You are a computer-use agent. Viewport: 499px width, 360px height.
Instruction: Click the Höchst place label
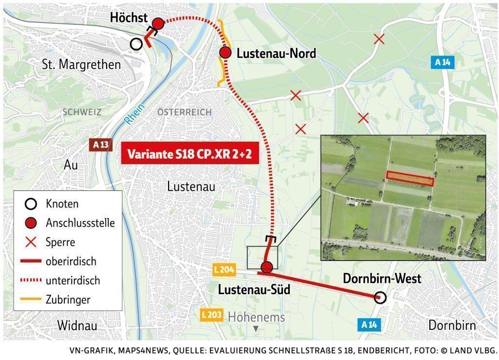click(129, 18)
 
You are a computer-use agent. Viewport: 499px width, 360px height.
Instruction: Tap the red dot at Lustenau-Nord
click(225, 53)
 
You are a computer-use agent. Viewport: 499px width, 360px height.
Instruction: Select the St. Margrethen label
click(81, 64)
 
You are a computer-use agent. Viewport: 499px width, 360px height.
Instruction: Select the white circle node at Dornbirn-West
click(380, 297)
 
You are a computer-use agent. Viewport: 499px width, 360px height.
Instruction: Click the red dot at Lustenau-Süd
click(267, 267)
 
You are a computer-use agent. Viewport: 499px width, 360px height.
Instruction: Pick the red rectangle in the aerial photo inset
click(410, 178)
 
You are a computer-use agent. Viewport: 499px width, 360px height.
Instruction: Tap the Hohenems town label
click(256, 317)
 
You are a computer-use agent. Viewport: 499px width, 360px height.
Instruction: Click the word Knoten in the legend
click(62, 204)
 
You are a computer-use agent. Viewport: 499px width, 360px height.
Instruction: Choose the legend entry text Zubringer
click(68, 300)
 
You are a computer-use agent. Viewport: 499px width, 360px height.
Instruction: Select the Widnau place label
click(77, 325)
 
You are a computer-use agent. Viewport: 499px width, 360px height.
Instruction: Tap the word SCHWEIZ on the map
click(82, 112)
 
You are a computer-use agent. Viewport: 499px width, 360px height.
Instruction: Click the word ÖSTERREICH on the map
click(184, 112)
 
